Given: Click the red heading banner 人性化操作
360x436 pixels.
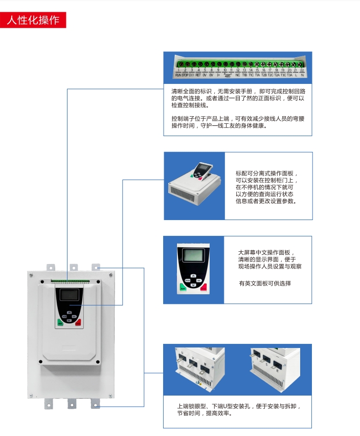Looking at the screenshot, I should pyautogui.click(x=33, y=20).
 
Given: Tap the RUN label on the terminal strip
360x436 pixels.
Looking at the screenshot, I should pyautogui.click(x=178, y=75).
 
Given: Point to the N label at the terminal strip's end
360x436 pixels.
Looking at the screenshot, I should pyautogui.click(x=302, y=75).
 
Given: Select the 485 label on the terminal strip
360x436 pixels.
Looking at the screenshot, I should pyautogui.click(x=228, y=76).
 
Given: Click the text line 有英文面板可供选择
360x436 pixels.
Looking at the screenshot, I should pyautogui.click(x=265, y=284).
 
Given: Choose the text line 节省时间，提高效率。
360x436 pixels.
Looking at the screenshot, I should pyautogui.click(x=205, y=413).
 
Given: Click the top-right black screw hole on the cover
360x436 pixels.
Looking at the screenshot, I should pyautogui.click(x=111, y=275).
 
